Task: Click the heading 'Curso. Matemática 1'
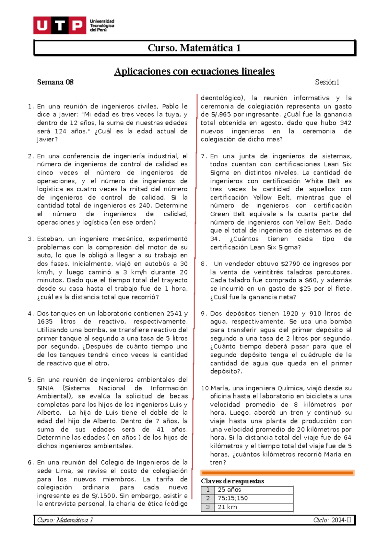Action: pos(194,48)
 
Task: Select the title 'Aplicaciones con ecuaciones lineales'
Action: pos(194,71)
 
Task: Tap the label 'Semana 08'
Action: pos(55,82)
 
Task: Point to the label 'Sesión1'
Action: pos(327,82)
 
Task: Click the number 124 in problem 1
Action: pos(60,131)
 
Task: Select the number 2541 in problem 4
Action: pos(174,313)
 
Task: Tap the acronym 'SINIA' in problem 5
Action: pos(45,388)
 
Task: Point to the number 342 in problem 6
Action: pos(346,123)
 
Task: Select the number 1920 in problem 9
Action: pos(290,313)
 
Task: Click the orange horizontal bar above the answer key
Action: pos(277,473)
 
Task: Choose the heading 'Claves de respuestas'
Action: pos(232,481)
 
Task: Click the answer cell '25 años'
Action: pos(230,490)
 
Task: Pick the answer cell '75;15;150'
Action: pos(233,498)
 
